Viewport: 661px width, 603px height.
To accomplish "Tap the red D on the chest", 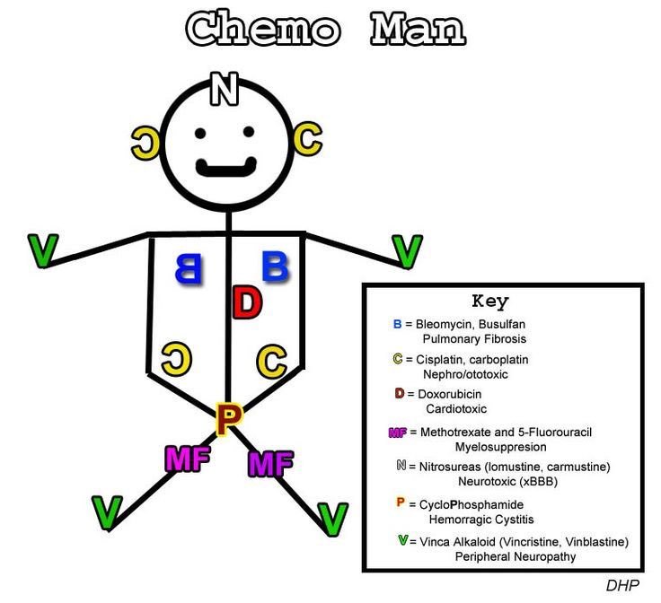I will tap(245, 302).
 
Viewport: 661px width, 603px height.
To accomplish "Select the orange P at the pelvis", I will tap(230, 417).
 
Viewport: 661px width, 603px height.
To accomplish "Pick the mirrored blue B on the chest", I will tap(188, 267).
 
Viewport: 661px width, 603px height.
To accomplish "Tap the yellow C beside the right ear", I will tap(306, 138).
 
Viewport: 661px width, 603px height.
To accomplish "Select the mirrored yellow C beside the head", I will tap(145, 140).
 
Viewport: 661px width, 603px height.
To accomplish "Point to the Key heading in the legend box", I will tap(490, 301).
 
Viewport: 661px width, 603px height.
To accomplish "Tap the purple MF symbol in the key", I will tap(397, 433).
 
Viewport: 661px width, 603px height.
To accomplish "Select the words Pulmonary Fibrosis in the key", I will tap(474, 339).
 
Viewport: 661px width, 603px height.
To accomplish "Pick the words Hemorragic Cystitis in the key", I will tap(480, 520).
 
